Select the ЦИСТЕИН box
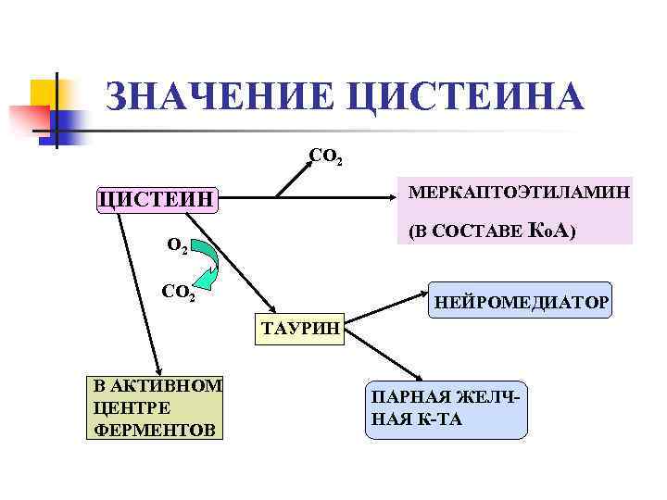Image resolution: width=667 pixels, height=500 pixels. click(x=156, y=198)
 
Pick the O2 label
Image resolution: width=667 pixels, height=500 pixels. click(x=177, y=246)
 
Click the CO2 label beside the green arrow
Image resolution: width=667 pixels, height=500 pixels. click(x=177, y=293)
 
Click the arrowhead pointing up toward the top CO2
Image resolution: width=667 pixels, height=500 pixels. click(x=312, y=169)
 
